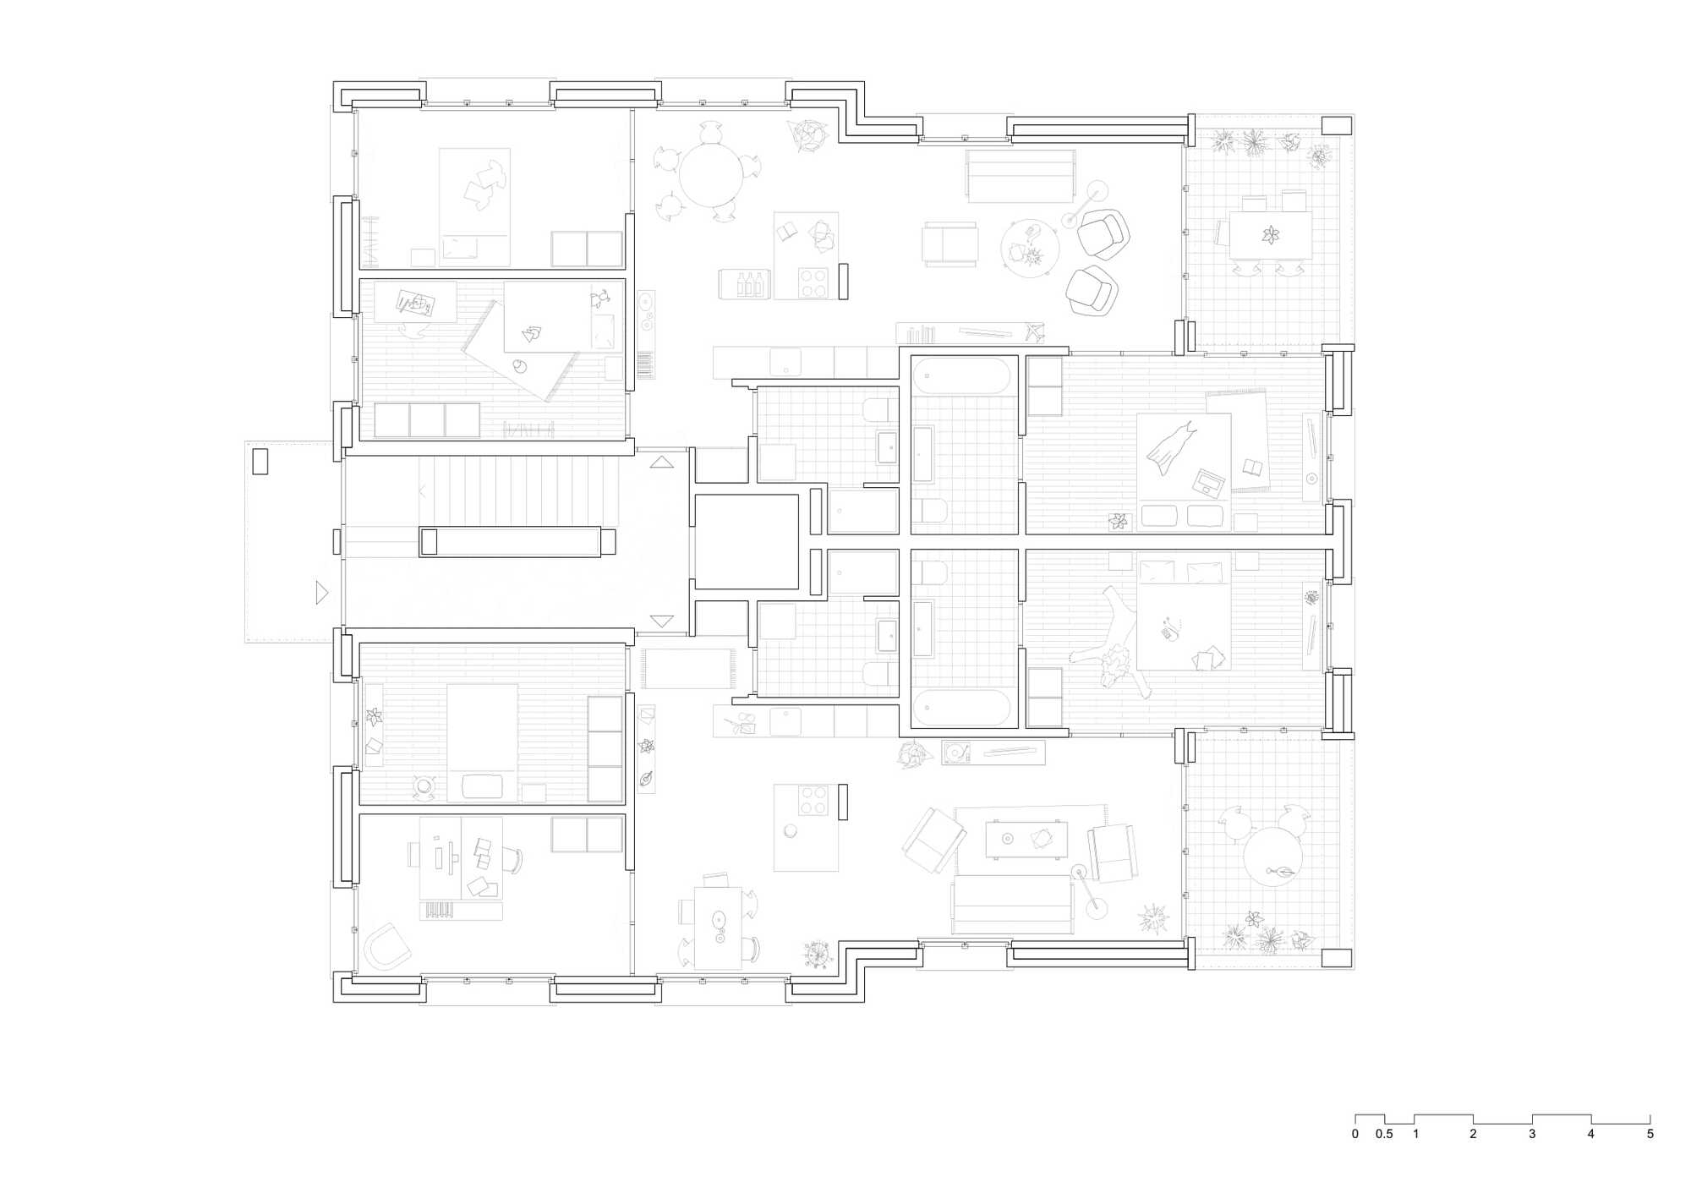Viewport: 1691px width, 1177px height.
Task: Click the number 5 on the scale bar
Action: point(1650,1134)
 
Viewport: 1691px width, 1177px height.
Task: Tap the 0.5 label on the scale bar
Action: point(1384,1134)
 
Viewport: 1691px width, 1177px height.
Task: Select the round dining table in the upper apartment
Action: point(711,175)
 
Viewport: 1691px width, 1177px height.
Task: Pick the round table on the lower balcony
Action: point(1272,856)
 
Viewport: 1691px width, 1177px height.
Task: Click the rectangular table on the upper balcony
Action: point(1271,235)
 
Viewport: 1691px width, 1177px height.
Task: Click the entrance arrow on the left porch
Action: point(321,592)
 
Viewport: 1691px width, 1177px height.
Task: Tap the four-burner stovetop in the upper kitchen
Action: point(813,282)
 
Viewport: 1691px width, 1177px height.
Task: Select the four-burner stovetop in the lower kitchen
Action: point(813,800)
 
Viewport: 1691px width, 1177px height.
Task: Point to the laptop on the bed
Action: point(1208,483)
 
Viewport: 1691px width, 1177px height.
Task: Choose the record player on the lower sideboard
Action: point(957,753)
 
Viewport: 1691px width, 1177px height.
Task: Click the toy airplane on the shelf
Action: point(1033,331)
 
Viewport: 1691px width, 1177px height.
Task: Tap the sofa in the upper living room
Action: point(1021,176)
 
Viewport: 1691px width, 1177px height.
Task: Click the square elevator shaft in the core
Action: point(747,542)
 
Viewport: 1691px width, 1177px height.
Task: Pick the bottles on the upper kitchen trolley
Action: point(749,284)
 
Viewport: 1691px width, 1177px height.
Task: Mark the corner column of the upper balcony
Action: point(1337,126)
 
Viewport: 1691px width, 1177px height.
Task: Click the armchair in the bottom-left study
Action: point(387,946)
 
